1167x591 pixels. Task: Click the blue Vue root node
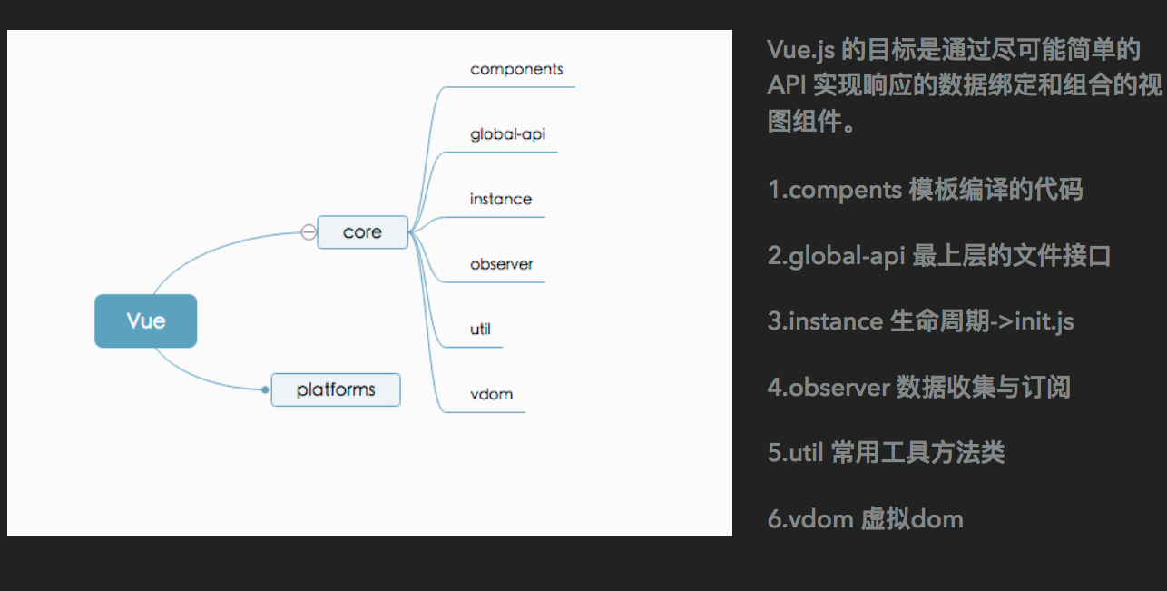[145, 320]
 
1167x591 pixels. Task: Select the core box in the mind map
[362, 232]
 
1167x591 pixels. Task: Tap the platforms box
[336, 389]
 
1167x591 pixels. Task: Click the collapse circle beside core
[309, 232]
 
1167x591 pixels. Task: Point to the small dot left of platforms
[265, 389]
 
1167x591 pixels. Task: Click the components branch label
[516, 69]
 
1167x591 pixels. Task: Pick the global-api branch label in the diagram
[507, 134]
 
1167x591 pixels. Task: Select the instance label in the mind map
[500, 199]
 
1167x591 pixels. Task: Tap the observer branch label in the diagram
[501, 264]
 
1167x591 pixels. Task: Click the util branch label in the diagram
[480, 329]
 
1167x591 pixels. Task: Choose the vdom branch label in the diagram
[491, 394]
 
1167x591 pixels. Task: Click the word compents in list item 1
[845, 190]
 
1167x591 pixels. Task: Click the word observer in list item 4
[839, 388]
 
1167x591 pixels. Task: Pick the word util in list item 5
[806, 453]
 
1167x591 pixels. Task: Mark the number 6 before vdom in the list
[774, 519]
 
